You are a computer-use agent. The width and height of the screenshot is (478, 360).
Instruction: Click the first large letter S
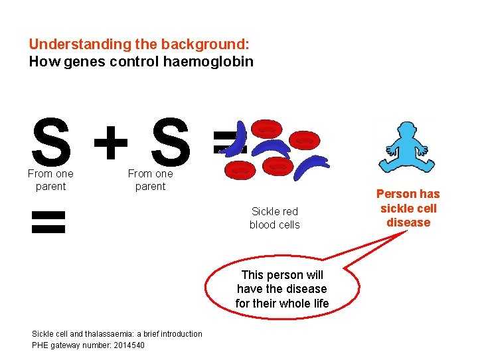pos(50,141)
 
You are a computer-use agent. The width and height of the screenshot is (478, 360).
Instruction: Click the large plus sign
pos(111,141)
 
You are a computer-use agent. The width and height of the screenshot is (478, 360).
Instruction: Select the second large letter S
pos(170,141)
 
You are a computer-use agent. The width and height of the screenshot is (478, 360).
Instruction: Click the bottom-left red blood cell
pos(240,170)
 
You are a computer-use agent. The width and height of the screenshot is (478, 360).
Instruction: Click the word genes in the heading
pos(77,62)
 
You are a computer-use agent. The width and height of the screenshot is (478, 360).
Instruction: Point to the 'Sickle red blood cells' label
pos(274,218)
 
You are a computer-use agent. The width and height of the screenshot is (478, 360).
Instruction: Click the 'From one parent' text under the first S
pos(50,180)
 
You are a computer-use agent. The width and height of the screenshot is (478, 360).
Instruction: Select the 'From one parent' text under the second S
pos(150,180)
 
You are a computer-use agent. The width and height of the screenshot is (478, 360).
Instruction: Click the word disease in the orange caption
pos(408,223)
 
